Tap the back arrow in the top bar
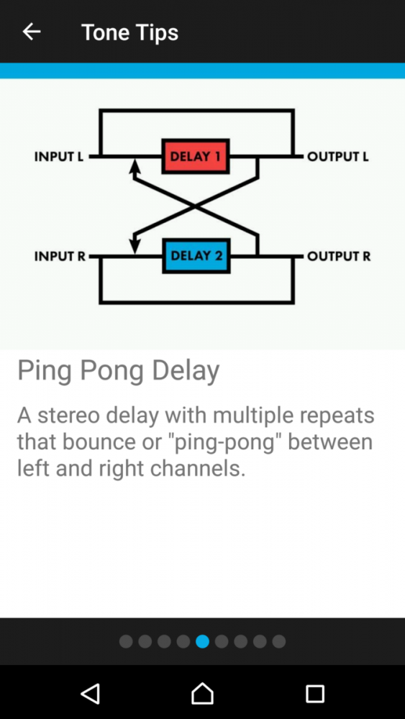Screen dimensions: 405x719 coord(32,32)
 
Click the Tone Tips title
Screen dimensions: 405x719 coord(129,33)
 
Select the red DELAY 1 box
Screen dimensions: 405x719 coord(196,156)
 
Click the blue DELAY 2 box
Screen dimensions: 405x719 coord(196,255)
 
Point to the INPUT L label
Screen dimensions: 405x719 coord(59,157)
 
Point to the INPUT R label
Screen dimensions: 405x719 coord(60,256)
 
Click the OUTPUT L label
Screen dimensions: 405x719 coord(338,157)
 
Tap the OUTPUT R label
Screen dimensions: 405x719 coord(339,256)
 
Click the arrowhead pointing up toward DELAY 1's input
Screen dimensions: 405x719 coord(135,166)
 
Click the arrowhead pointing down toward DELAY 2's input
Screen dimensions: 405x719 coord(135,244)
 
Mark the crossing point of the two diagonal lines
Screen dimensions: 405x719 coord(196,206)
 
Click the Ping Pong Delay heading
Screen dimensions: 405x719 coord(119,370)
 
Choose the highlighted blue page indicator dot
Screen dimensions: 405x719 coord(202,641)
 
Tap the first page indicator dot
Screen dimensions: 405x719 coord(126,641)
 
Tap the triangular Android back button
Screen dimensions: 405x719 coord(91,693)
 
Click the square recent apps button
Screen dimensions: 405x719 coord(315,694)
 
